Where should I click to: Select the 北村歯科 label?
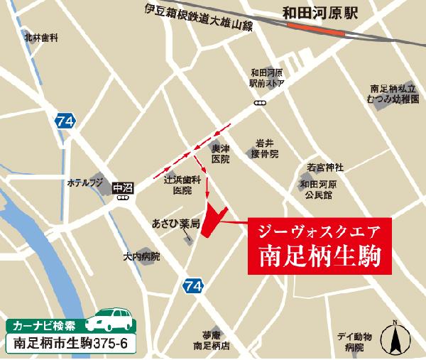pos(40,36)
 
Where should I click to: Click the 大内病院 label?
pos(141,256)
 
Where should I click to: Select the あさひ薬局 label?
pos(175,222)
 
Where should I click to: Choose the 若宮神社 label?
pos(325,167)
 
